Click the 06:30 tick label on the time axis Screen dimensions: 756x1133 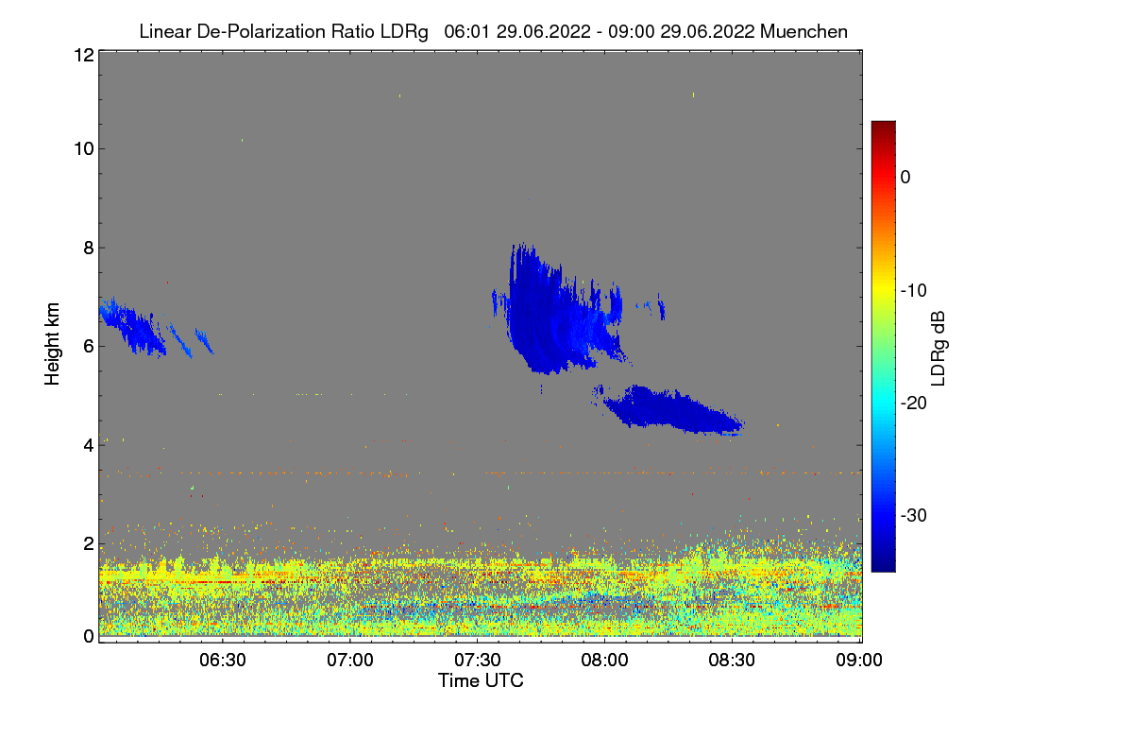[x=223, y=660]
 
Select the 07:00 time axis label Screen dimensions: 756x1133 [x=350, y=660]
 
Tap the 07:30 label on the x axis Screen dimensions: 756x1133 [x=478, y=660]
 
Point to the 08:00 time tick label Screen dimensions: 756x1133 [x=605, y=660]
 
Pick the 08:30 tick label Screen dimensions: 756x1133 [x=733, y=660]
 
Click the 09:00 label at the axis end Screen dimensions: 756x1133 [x=860, y=660]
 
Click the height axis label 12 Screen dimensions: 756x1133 [x=82, y=55]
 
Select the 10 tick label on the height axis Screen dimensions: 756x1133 [x=82, y=148]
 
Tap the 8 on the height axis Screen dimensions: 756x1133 [x=87, y=248]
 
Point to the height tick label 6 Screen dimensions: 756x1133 [x=87, y=346]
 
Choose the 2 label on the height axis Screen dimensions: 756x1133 [x=87, y=543]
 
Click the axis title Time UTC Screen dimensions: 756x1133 [x=481, y=680]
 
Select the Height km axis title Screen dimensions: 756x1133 [x=53, y=345]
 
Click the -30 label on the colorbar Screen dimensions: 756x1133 [x=919, y=516]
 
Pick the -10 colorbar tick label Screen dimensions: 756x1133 [x=919, y=290]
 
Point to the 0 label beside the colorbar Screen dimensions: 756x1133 [x=905, y=177]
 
